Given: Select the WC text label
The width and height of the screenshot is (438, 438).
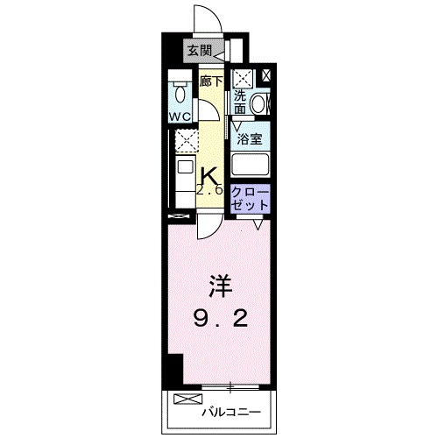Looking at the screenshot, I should [180, 115].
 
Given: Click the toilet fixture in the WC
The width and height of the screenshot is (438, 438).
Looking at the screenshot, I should [180, 91].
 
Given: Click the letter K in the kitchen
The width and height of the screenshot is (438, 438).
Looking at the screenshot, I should [210, 176].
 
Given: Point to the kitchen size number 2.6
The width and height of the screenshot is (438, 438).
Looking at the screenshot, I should [211, 192].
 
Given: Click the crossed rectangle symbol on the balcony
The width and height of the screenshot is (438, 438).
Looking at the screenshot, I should [187, 399].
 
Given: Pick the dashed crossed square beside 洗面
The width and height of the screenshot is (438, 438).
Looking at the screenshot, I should [242, 77].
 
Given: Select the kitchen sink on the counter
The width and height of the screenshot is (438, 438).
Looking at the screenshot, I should [185, 166].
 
